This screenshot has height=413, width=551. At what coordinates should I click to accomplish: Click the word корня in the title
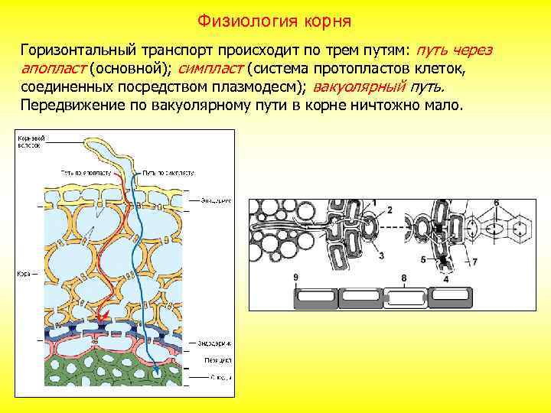click(x=321, y=18)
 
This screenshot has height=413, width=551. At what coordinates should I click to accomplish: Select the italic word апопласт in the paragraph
click(x=52, y=68)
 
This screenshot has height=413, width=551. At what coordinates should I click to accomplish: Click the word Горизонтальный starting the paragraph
click(x=77, y=50)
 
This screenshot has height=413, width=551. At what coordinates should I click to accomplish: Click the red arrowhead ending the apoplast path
click(x=100, y=317)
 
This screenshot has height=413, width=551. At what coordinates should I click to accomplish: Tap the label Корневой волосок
click(x=32, y=141)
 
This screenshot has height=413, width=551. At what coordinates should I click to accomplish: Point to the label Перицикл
click(x=217, y=359)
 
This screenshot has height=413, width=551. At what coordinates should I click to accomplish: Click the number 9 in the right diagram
click(x=295, y=276)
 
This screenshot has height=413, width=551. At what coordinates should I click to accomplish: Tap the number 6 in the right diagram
click(x=497, y=203)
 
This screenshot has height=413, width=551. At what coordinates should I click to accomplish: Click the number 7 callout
click(x=474, y=262)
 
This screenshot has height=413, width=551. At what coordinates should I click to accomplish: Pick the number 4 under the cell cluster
click(x=445, y=279)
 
